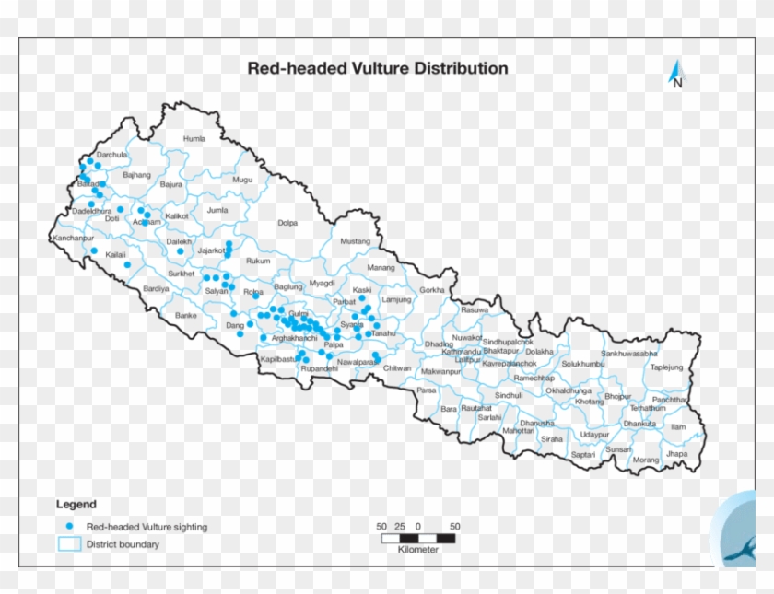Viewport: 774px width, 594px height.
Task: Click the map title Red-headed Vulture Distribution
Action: coord(376,68)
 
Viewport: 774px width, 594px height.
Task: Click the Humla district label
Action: coord(194,139)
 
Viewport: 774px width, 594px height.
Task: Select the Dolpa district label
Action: coord(287,222)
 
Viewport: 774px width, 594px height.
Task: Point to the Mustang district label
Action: coord(355,241)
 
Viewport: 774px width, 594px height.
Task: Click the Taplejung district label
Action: coord(667,367)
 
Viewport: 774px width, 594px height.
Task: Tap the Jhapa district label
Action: coord(677,454)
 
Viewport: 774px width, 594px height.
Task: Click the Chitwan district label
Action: coord(397,368)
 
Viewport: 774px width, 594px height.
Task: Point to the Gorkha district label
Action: coord(431,290)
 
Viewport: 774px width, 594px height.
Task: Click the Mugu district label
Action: coord(242,181)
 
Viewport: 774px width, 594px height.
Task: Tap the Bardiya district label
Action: coord(156,288)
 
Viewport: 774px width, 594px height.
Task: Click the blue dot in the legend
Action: coord(69,527)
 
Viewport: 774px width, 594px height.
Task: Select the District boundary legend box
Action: coord(69,544)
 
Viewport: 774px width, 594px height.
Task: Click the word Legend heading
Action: coord(76,505)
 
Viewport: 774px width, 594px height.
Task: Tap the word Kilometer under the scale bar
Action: coord(418,550)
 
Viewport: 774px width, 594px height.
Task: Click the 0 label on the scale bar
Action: coord(418,526)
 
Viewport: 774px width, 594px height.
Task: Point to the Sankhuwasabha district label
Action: coord(629,354)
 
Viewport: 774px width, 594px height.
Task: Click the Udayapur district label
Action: coord(594,435)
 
